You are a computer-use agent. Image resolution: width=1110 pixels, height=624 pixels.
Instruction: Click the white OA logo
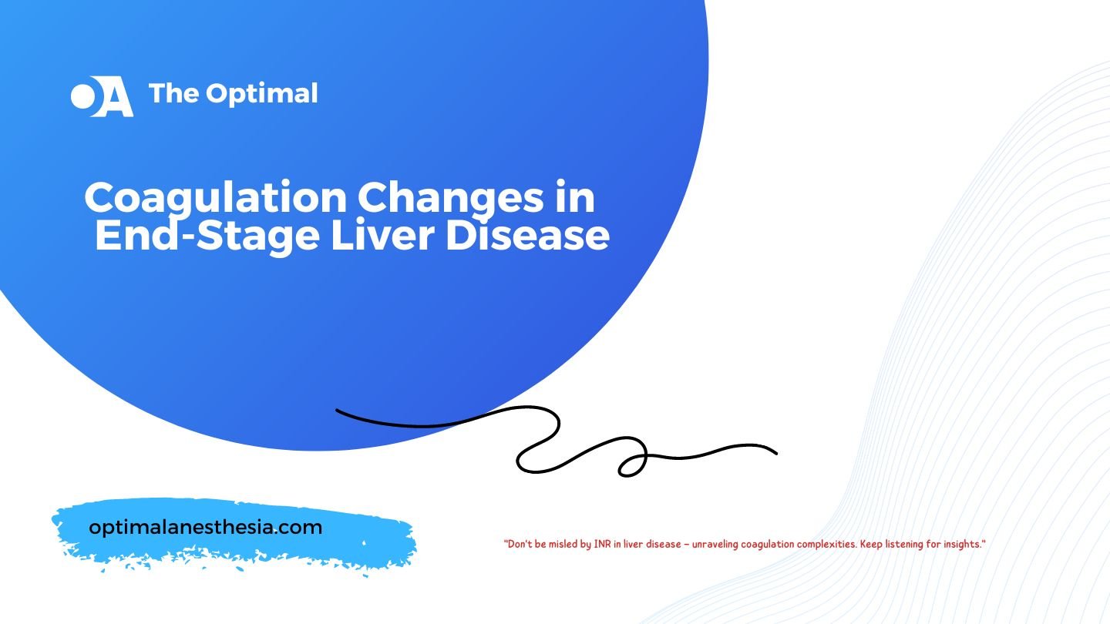click(x=102, y=96)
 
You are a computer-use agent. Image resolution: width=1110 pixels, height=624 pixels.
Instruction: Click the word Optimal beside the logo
click(x=261, y=94)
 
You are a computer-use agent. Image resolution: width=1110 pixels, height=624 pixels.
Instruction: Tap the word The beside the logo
click(x=173, y=92)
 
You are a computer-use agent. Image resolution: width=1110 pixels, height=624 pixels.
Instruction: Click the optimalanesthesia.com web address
click(x=205, y=527)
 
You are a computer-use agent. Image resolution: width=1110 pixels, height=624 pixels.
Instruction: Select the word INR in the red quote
click(x=602, y=544)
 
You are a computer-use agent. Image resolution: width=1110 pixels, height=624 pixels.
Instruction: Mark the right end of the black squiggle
click(x=776, y=453)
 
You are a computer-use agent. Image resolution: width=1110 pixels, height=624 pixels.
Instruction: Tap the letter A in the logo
click(x=115, y=96)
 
